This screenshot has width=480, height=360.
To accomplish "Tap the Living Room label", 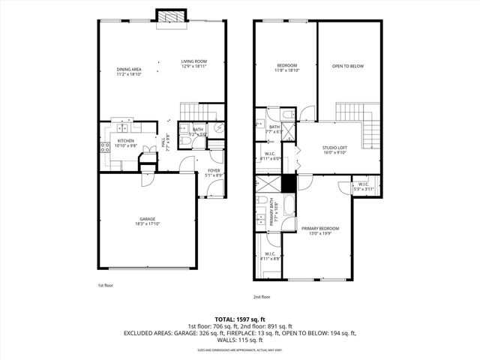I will pos(193,64).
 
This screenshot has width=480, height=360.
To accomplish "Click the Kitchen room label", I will pos(125,143).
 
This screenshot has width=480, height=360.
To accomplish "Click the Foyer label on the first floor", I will pos(213,173).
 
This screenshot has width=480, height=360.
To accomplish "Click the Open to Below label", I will pos(347,67).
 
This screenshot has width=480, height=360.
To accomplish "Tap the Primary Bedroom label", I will pos(320,230).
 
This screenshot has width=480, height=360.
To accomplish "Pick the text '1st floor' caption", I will pos(106,286).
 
